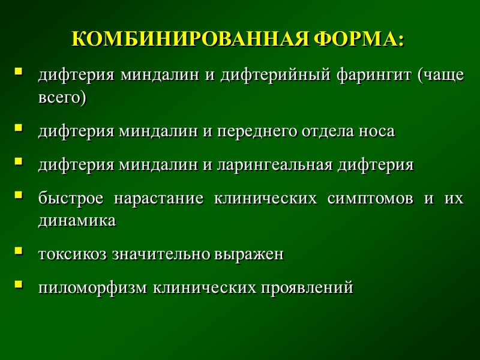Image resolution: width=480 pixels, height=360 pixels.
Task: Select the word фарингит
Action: pyautogui.click(x=356, y=77)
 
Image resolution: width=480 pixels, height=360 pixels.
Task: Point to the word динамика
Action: pyautogui.click(x=77, y=220)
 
